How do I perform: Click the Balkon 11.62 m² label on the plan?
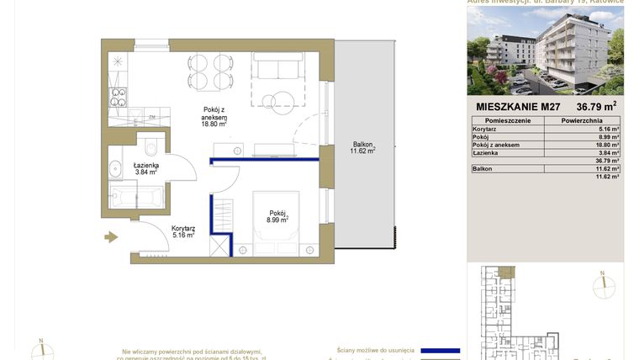[362, 147]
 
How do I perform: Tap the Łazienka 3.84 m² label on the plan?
[145, 168]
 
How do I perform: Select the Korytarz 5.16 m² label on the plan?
[183, 231]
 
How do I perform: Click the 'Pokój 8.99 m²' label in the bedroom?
[278, 216]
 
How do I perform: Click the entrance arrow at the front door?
[111, 237]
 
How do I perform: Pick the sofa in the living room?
[277, 66]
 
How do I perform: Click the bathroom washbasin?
[114, 167]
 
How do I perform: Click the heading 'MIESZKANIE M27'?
[518, 107]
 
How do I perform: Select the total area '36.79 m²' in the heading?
[596, 107]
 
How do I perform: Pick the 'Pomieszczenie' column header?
[506, 121]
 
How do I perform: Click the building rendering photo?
[546, 51]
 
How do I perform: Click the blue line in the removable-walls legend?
[440, 350]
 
